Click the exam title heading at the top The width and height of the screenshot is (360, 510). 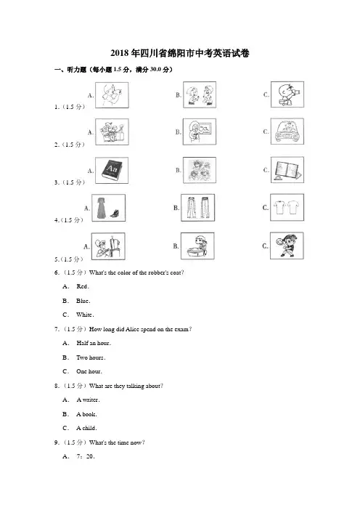click(x=180, y=53)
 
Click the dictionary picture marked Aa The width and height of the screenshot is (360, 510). click(x=112, y=170)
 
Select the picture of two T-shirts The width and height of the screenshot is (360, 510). click(x=287, y=208)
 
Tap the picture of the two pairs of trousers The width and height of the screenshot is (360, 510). click(x=198, y=208)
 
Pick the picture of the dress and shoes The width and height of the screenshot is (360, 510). click(x=109, y=208)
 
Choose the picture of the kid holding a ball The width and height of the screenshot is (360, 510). click(x=287, y=246)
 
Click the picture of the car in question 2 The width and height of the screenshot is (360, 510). click(x=287, y=131)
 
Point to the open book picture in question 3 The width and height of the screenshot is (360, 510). click(x=287, y=170)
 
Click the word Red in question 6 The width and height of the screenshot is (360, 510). click(x=83, y=286)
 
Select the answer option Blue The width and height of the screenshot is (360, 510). click(x=83, y=301)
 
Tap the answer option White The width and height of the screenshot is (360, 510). click(x=85, y=315)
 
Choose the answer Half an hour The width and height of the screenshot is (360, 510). click(x=94, y=343)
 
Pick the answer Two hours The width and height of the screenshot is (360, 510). click(x=91, y=357)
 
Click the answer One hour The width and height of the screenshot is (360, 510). click(x=89, y=371)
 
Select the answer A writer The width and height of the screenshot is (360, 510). click(x=88, y=400)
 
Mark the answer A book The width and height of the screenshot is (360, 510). click(x=87, y=414)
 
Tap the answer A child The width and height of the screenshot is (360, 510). click(x=87, y=428)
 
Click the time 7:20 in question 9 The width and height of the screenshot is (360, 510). click(x=86, y=456)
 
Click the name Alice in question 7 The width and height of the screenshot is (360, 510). click(x=132, y=329)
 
